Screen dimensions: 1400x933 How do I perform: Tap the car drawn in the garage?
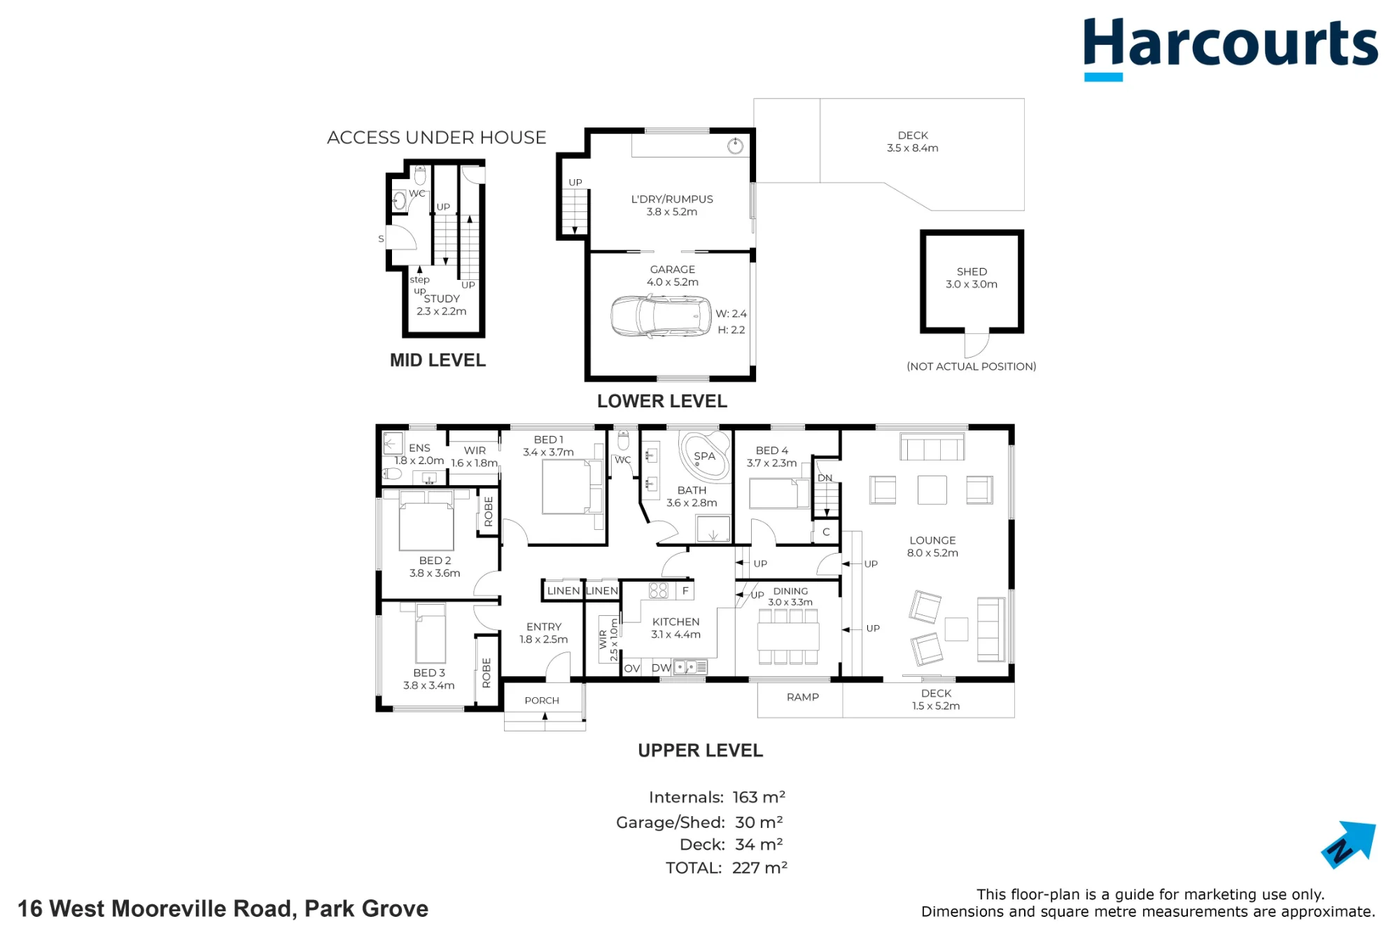pos(661,316)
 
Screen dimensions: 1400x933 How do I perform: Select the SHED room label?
pos(972,272)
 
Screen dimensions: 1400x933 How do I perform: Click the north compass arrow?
pos(1349,845)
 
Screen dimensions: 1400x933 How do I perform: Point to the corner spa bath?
pos(705,456)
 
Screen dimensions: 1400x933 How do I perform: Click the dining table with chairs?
pos(788,636)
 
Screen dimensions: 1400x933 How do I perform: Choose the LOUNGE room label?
pos(932,540)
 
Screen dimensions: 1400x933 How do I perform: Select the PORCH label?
pos(542,701)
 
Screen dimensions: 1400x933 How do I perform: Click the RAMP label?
pos(802,697)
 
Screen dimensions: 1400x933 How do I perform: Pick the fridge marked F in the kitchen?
pos(685,591)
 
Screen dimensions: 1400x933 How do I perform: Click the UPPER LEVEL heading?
pos(700,750)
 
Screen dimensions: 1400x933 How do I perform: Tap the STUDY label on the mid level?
pos(442,299)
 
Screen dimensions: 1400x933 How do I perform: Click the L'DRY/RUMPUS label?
pos(672,199)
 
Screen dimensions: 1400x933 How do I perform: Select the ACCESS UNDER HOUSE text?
pos(437,137)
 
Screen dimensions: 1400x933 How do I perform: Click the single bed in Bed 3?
pos(430,633)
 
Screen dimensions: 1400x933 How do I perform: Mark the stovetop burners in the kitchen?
pos(658,591)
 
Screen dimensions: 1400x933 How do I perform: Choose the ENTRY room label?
pos(544,627)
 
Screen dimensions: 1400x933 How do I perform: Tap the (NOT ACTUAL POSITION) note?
pos(972,367)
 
